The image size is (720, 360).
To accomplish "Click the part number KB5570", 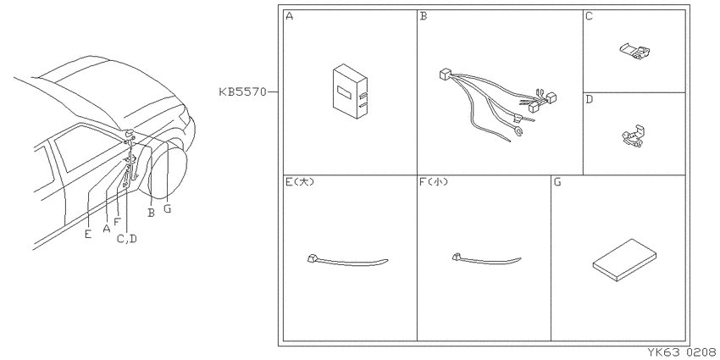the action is (242, 91).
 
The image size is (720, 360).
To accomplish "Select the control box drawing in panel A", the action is (350, 91).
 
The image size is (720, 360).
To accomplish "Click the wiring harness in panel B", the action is (498, 105).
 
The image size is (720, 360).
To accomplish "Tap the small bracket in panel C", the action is (635, 51).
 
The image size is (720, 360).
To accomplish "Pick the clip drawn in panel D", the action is (634, 136).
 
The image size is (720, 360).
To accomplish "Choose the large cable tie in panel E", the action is (347, 260).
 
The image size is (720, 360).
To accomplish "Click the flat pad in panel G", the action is (624, 259).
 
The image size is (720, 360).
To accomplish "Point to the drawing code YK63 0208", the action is (683, 352).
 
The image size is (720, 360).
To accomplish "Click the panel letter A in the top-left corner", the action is (290, 16).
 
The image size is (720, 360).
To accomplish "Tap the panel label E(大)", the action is (300, 182).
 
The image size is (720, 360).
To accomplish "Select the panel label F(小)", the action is (434, 182).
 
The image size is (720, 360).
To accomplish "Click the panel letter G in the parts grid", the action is (557, 182).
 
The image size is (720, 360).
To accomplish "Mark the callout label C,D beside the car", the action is (127, 238).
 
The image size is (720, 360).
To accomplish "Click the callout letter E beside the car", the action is (88, 234).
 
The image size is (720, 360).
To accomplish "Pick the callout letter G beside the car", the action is (167, 208).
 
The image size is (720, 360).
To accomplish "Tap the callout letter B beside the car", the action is (151, 213).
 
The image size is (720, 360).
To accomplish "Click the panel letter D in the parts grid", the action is (590, 99).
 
